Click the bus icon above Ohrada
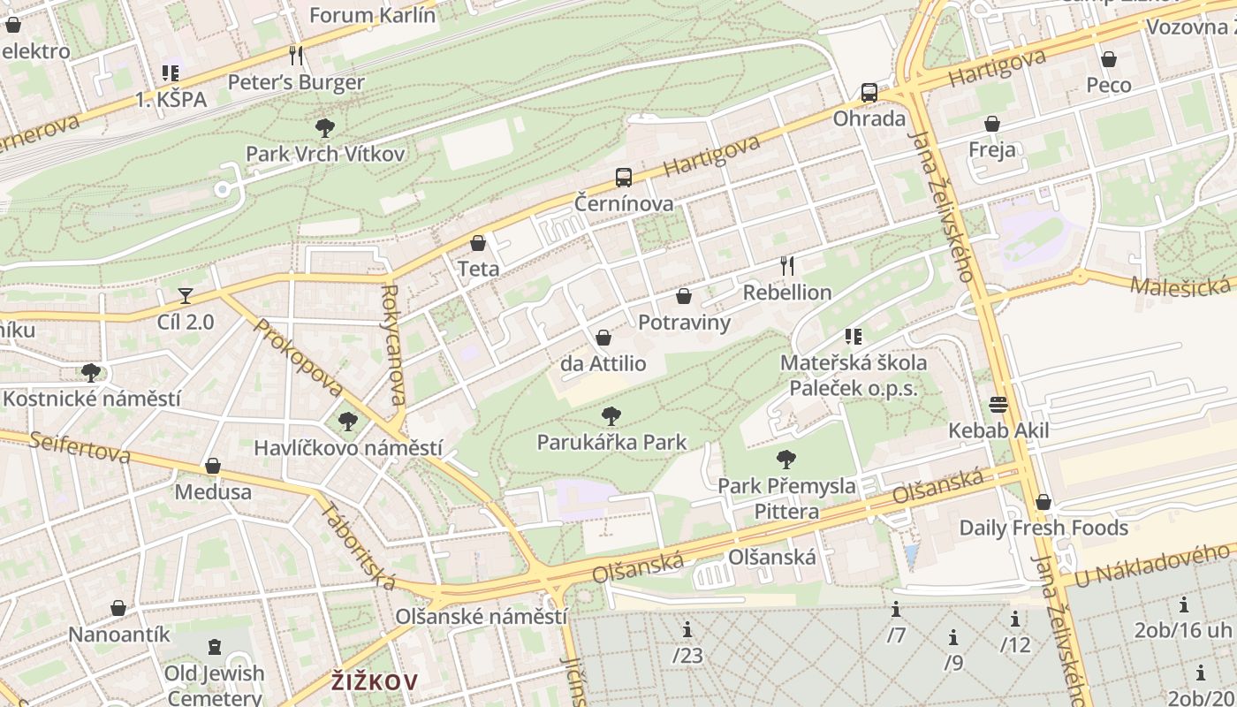pyautogui.click(x=869, y=92)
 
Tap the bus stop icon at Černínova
pyautogui.click(x=624, y=178)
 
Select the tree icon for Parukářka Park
pyautogui.click(x=611, y=416)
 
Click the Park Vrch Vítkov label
pyautogui.click(x=325, y=154)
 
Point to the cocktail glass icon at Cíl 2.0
pyautogui.click(x=186, y=295)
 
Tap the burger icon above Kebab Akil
pyautogui.click(x=999, y=405)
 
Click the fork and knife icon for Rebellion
pyautogui.click(x=787, y=265)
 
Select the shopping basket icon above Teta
pyautogui.click(x=478, y=242)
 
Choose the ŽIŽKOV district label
pyautogui.click(x=375, y=681)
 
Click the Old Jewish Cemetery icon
pyautogui.click(x=215, y=648)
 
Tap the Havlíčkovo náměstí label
pyautogui.click(x=348, y=448)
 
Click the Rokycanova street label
pyautogui.click(x=393, y=344)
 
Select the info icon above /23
pyautogui.click(x=687, y=630)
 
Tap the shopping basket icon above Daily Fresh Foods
pyautogui.click(x=1043, y=502)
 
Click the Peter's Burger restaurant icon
pyautogui.click(x=296, y=56)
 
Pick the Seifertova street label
pyautogui.click(x=79, y=447)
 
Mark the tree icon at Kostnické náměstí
pyautogui.click(x=91, y=372)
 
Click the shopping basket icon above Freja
pyautogui.click(x=992, y=123)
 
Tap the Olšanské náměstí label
pyautogui.click(x=482, y=616)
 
